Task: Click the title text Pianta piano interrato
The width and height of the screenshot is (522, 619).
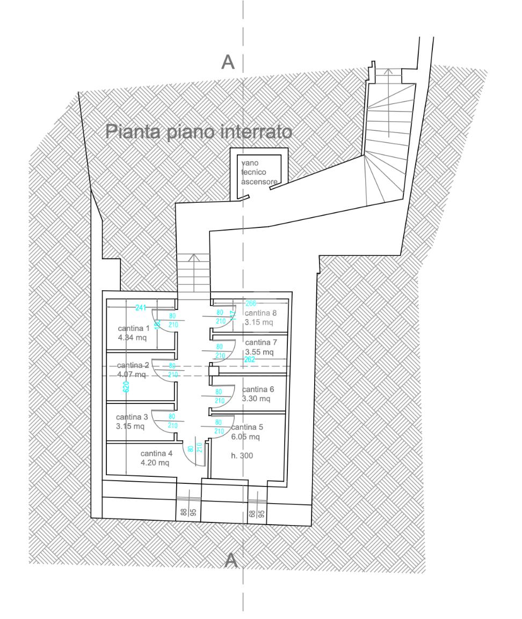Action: click(x=199, y=132)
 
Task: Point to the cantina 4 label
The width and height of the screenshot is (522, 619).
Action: click(x=157, y=453)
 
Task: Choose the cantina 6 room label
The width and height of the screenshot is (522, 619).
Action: click(x=258, y=389)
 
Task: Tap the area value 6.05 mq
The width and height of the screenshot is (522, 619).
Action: click(x=245, y=437)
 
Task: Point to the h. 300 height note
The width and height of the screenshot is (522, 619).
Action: click(x=242, y=456)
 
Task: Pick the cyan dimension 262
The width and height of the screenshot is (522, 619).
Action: click(x=249, y=360)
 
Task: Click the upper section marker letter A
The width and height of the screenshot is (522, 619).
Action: click(x=229, y=62)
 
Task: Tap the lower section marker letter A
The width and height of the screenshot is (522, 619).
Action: click(x=230, y=560)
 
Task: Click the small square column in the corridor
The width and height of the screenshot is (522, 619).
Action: click(x=213, y=371)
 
